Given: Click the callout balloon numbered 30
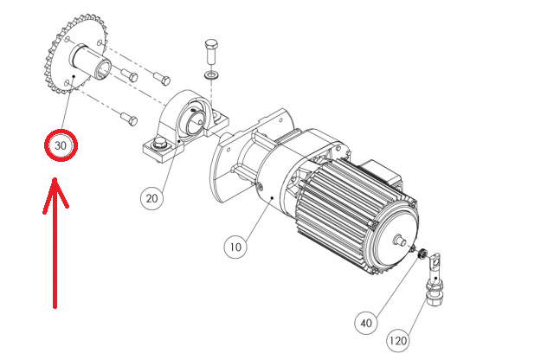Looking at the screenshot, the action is point(61,145).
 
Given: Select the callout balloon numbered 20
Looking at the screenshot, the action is point(151,198).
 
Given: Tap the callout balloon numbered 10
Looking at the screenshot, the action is point(235,247).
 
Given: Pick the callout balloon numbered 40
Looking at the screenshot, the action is point(366,323).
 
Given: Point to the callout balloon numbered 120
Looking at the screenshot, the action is point(398,341).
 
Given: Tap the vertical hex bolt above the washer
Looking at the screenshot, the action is point(211,52).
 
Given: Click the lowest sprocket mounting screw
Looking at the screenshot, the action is point(129,119).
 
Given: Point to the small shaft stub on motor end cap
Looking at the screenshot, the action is point(400,240).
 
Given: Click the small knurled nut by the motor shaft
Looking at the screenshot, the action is point(422,254).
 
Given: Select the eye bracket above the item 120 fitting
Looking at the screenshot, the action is point(435,265).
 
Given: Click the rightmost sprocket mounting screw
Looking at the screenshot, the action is point(162,79).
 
